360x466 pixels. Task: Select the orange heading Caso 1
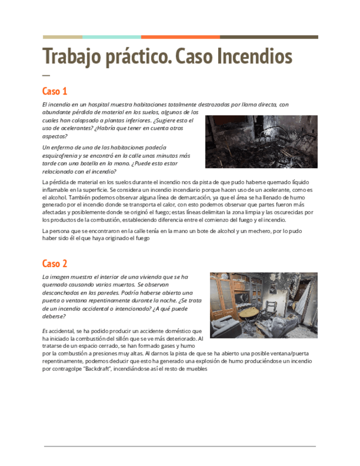pos(54,91)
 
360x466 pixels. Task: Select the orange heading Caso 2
pos(54,263)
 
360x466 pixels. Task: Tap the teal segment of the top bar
pos(112,37)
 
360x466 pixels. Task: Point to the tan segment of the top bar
pos(62,37)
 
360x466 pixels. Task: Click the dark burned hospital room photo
pos(261,142)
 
